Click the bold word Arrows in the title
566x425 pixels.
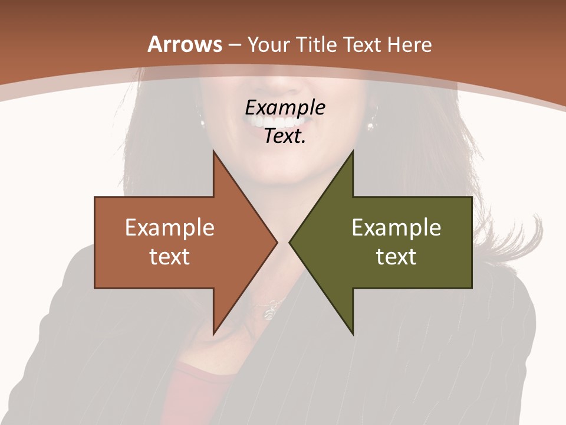point(185,44)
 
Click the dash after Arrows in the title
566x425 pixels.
point(234,45)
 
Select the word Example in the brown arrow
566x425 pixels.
point(170,228)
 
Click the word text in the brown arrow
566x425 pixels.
point(170,256)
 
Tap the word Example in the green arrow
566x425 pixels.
point(396,228)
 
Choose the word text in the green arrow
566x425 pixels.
point(396,256)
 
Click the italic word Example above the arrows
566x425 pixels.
point(285,107)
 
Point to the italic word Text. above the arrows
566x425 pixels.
point(285,136)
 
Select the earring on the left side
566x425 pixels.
point(202,123)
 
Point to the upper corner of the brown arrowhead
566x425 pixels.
point(213,151)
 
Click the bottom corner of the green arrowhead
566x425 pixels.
point(353,334)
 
